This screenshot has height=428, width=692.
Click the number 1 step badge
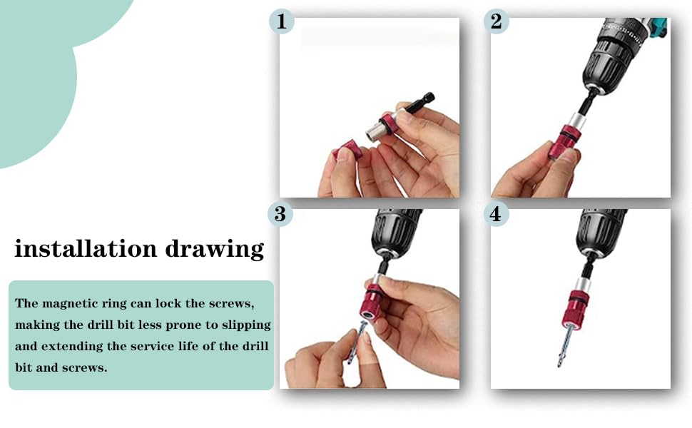coord(282,21)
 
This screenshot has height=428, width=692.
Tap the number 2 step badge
coord(496,21)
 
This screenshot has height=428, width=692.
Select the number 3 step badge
coord(280,214)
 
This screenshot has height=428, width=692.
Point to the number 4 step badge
coord(496,214)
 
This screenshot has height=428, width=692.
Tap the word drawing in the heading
coord(215,249)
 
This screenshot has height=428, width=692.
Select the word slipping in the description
coord(246,325)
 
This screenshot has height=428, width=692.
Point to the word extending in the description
coord(72,347)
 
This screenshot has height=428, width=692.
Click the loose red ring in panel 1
coord(348,149)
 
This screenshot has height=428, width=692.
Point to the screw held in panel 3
coord(356,342)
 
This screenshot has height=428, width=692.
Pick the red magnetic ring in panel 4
coord(576,307)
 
